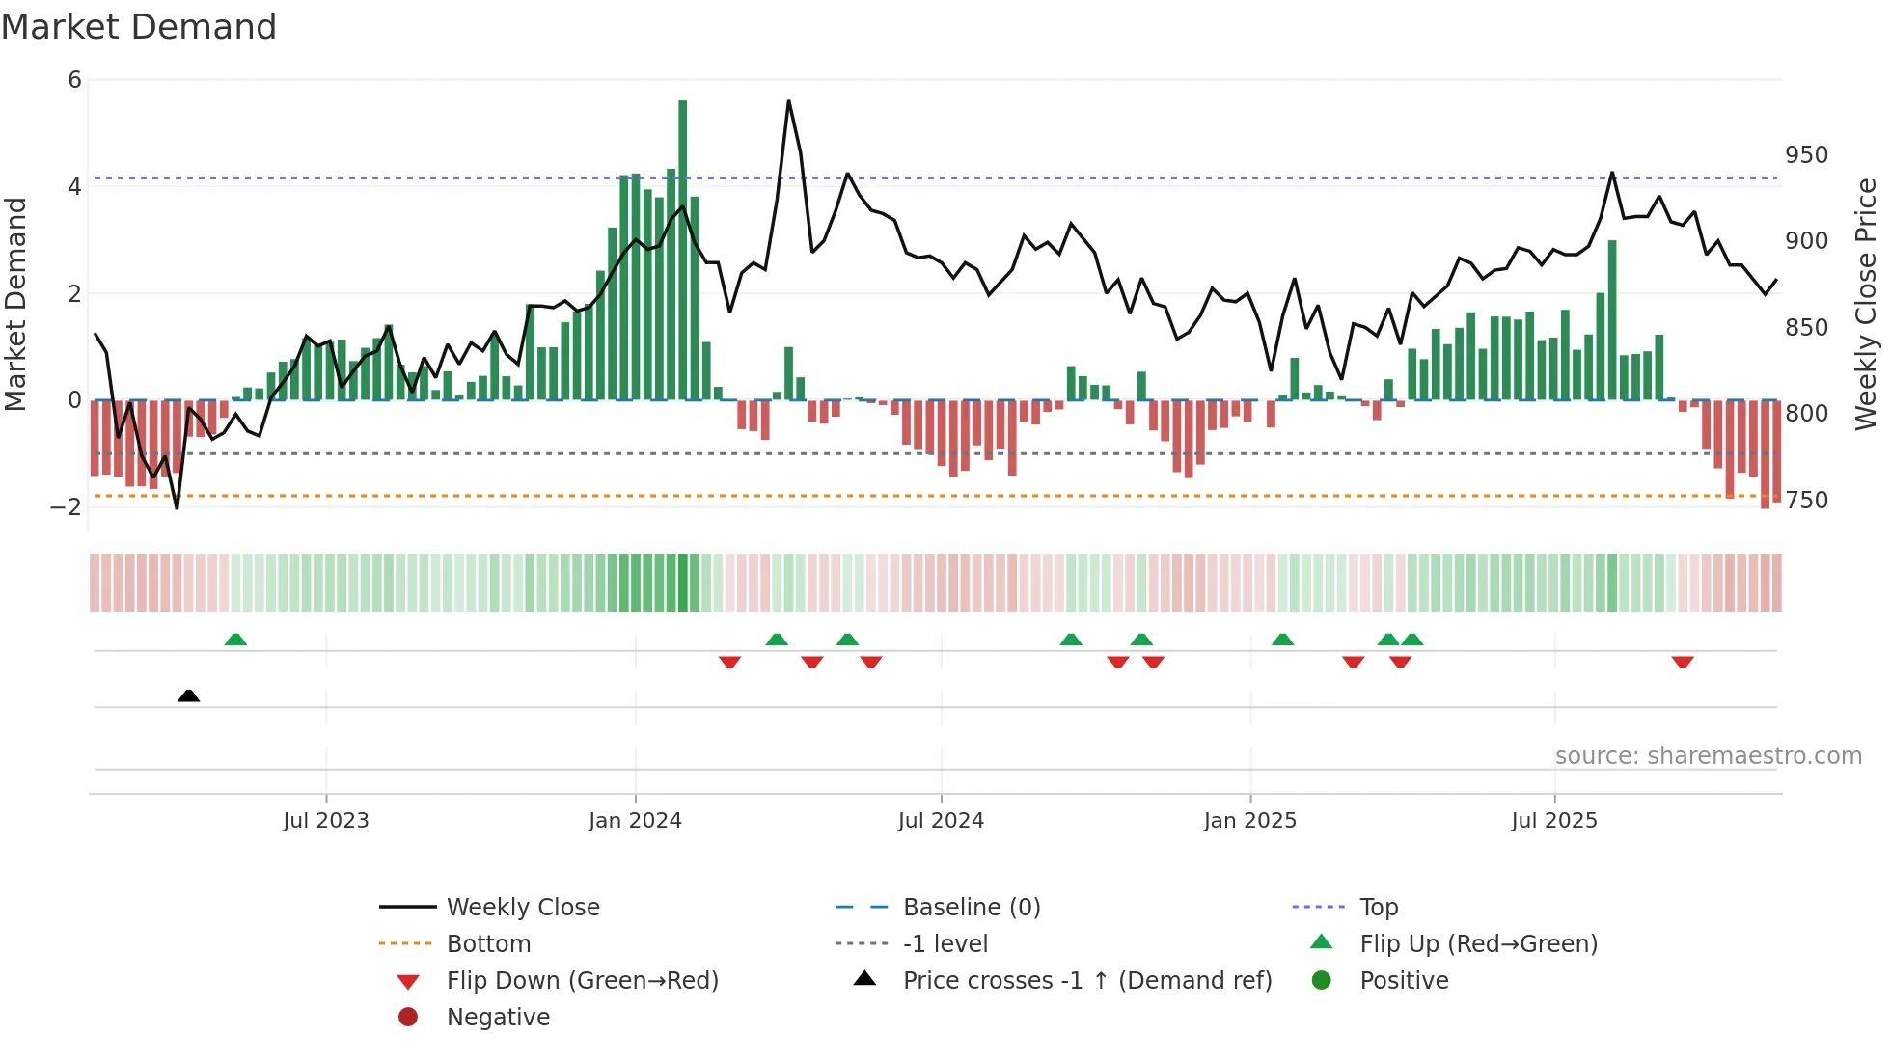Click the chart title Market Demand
139,27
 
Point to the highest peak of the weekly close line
788,101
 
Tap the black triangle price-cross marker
189,695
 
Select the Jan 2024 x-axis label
635,821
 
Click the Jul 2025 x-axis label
1554,821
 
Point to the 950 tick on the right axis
1806,155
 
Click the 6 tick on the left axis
75,80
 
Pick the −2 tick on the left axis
67,506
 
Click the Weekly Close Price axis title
1866,304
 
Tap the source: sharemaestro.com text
1708,756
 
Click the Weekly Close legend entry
522,908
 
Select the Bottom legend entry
488,944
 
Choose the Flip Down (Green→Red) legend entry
582,981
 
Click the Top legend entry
1379,908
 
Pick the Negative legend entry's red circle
408,1018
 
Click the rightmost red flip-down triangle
1683,662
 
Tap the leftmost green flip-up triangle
235,640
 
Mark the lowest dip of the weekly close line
177,507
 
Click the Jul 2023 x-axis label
326,821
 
